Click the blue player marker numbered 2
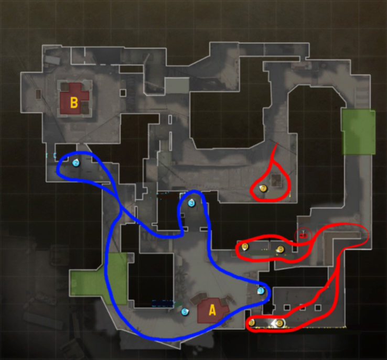(76, 163)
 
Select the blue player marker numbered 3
(191, 203)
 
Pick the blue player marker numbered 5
(185, 312)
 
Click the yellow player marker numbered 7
(263, 188)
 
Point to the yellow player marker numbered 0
(245, 246)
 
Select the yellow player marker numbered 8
(281, 249)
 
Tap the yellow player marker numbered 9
(252, 323)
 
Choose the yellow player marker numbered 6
(279, 323)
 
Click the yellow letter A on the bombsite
(212, 310)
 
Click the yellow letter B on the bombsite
(74, 103)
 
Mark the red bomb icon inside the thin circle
(303, 234)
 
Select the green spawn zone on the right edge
(358, 132)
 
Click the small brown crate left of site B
(38, 94)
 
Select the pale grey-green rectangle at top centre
(177, 85)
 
